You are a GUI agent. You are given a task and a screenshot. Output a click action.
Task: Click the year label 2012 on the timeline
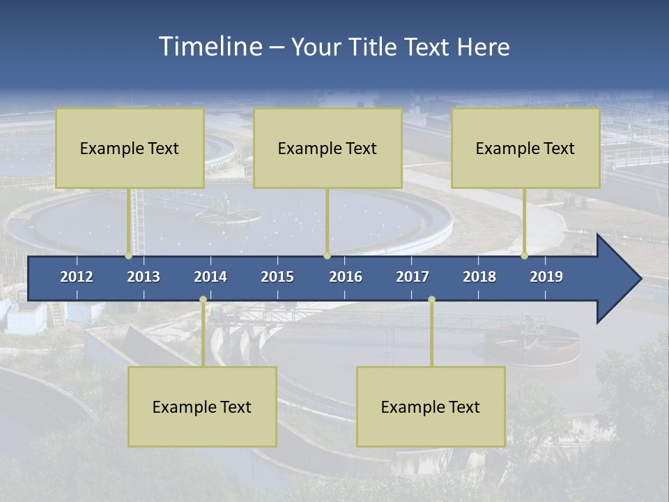[x=77, y=277]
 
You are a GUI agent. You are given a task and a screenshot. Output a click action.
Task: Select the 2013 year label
[x=144, y=277]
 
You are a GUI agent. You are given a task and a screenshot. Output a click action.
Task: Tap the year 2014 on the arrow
[x=210, y=277]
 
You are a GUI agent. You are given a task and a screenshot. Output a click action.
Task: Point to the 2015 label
[x=277, y=277]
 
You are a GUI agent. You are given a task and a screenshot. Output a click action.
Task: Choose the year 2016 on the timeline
[x=346, y=277]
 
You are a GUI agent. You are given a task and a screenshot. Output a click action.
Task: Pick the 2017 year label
[x=413, y=277]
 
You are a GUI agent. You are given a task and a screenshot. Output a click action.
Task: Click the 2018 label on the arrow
[x=479, y=277]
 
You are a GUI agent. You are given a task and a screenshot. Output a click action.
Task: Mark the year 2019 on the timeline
[x=546, y=277]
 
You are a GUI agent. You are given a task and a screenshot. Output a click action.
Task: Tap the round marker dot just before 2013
[x=128, y=256]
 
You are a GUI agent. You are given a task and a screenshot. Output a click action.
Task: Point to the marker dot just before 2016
[x=327, y=256]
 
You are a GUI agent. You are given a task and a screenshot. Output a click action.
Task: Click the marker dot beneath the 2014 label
[x=203, y=300]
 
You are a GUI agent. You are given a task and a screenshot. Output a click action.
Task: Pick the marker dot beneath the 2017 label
[x=431, y=300]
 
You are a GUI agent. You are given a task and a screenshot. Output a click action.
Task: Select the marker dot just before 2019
[x=525, y=256]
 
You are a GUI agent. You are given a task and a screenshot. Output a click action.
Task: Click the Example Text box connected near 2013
[x=130, y=149]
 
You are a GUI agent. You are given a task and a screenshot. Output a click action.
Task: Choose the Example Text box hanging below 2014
[x=202, y=407]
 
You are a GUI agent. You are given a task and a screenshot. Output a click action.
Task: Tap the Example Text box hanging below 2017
[x=431, y=407]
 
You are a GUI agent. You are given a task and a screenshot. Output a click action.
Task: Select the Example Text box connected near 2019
[x=525, y=149]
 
